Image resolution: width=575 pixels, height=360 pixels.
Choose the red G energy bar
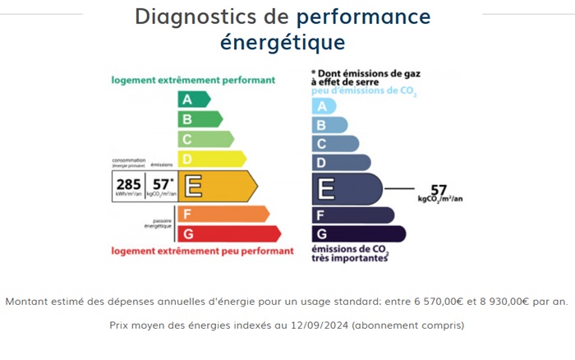pos(229,233)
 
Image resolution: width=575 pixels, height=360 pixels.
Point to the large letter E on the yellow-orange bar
pos(194,187)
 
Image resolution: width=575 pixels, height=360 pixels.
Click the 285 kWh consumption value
pos(128,184)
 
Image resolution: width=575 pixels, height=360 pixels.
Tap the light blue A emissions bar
pos(324,106)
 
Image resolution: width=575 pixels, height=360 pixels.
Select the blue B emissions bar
pos(329,125)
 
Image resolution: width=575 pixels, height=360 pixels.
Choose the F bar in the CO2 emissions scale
pos(352,215)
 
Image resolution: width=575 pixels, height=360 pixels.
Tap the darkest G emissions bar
pos(358,234)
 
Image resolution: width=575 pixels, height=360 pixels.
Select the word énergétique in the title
pos(282,41)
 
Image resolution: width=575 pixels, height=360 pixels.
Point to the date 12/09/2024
pos(315,325)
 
